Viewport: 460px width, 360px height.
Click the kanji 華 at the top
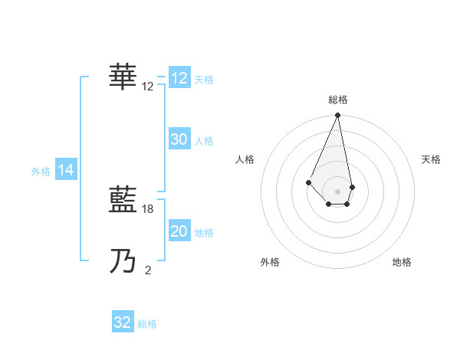124,76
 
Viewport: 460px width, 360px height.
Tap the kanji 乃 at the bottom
124,261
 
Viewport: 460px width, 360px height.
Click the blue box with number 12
179,79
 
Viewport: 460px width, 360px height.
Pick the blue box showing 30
179,139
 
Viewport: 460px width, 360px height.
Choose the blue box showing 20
179,231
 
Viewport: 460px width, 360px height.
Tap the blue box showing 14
66,171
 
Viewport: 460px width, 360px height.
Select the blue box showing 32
123,322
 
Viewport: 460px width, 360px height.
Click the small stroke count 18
149,208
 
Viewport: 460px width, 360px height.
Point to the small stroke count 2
148,269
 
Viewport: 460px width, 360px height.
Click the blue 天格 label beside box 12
204,80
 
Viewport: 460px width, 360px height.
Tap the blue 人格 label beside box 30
204,140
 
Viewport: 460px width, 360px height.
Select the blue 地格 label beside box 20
204,232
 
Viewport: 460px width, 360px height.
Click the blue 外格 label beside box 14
41,172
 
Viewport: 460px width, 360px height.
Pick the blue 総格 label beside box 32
147,323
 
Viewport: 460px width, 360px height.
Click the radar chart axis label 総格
337,100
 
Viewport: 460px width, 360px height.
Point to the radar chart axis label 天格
431,159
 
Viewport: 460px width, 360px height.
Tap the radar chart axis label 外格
270,262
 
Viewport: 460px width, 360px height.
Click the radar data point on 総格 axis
337,116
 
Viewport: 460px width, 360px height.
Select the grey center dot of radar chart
337,191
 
